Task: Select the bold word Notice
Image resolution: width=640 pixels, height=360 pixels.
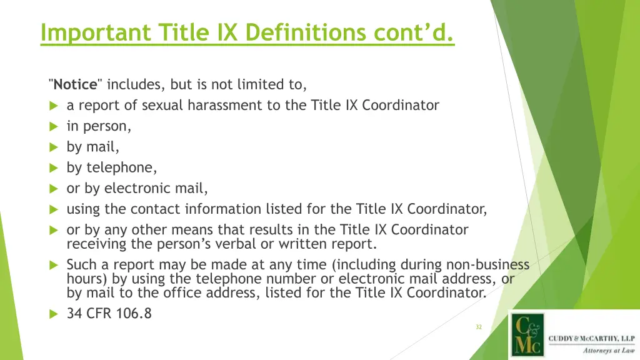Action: (x=75, y=84)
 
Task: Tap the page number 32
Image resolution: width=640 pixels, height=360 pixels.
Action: (x=479, y=327)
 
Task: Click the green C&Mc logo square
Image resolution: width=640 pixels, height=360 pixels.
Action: (x=527, y=335)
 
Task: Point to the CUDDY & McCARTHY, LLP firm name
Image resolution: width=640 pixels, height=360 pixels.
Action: (x=591, y=339)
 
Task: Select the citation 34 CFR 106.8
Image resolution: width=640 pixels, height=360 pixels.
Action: (x=109, y=314)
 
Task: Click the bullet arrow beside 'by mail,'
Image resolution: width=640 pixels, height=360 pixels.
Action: (x=54, y=147)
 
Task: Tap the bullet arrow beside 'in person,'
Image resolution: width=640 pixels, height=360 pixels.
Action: (x=54, y=127)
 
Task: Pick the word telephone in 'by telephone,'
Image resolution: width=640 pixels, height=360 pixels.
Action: (x=122, y=167)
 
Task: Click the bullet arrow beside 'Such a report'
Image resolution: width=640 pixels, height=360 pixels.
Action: (x=54, y=265)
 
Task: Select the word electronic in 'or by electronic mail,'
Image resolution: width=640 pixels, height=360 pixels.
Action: (x=137, y=188)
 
